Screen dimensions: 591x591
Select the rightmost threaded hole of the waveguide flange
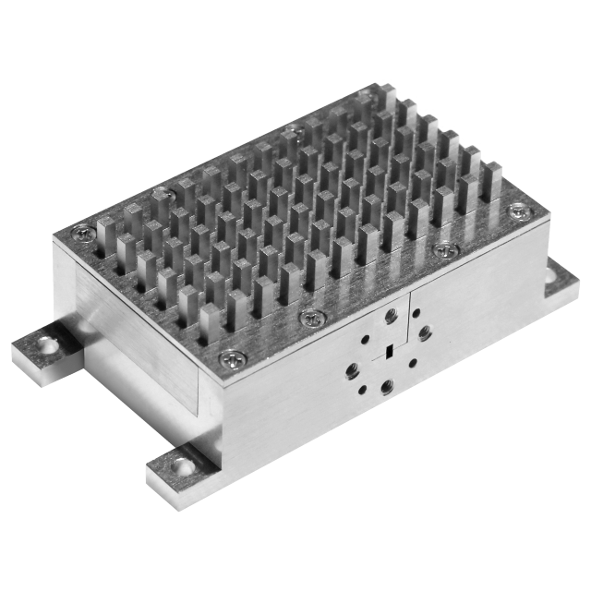coord(424,330)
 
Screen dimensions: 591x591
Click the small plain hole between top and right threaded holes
coord(411,317)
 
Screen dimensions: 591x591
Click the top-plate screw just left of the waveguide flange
coord(311,318)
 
